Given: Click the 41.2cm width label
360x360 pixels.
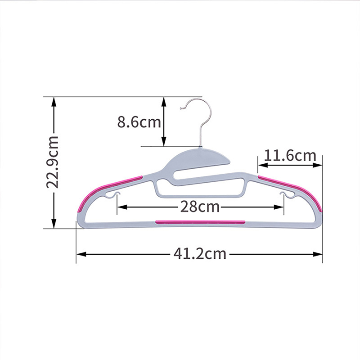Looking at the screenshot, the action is [x=200, y=254].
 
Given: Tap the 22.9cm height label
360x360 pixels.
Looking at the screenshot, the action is [x=52, y=162].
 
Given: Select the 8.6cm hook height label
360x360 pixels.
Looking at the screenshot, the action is [x=139, y=122].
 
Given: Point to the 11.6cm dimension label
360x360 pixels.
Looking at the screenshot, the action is [x=290, y=155].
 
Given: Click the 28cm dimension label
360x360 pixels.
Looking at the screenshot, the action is [x=200, y=207].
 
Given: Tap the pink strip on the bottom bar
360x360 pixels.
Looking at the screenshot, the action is [x=200, y=222].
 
